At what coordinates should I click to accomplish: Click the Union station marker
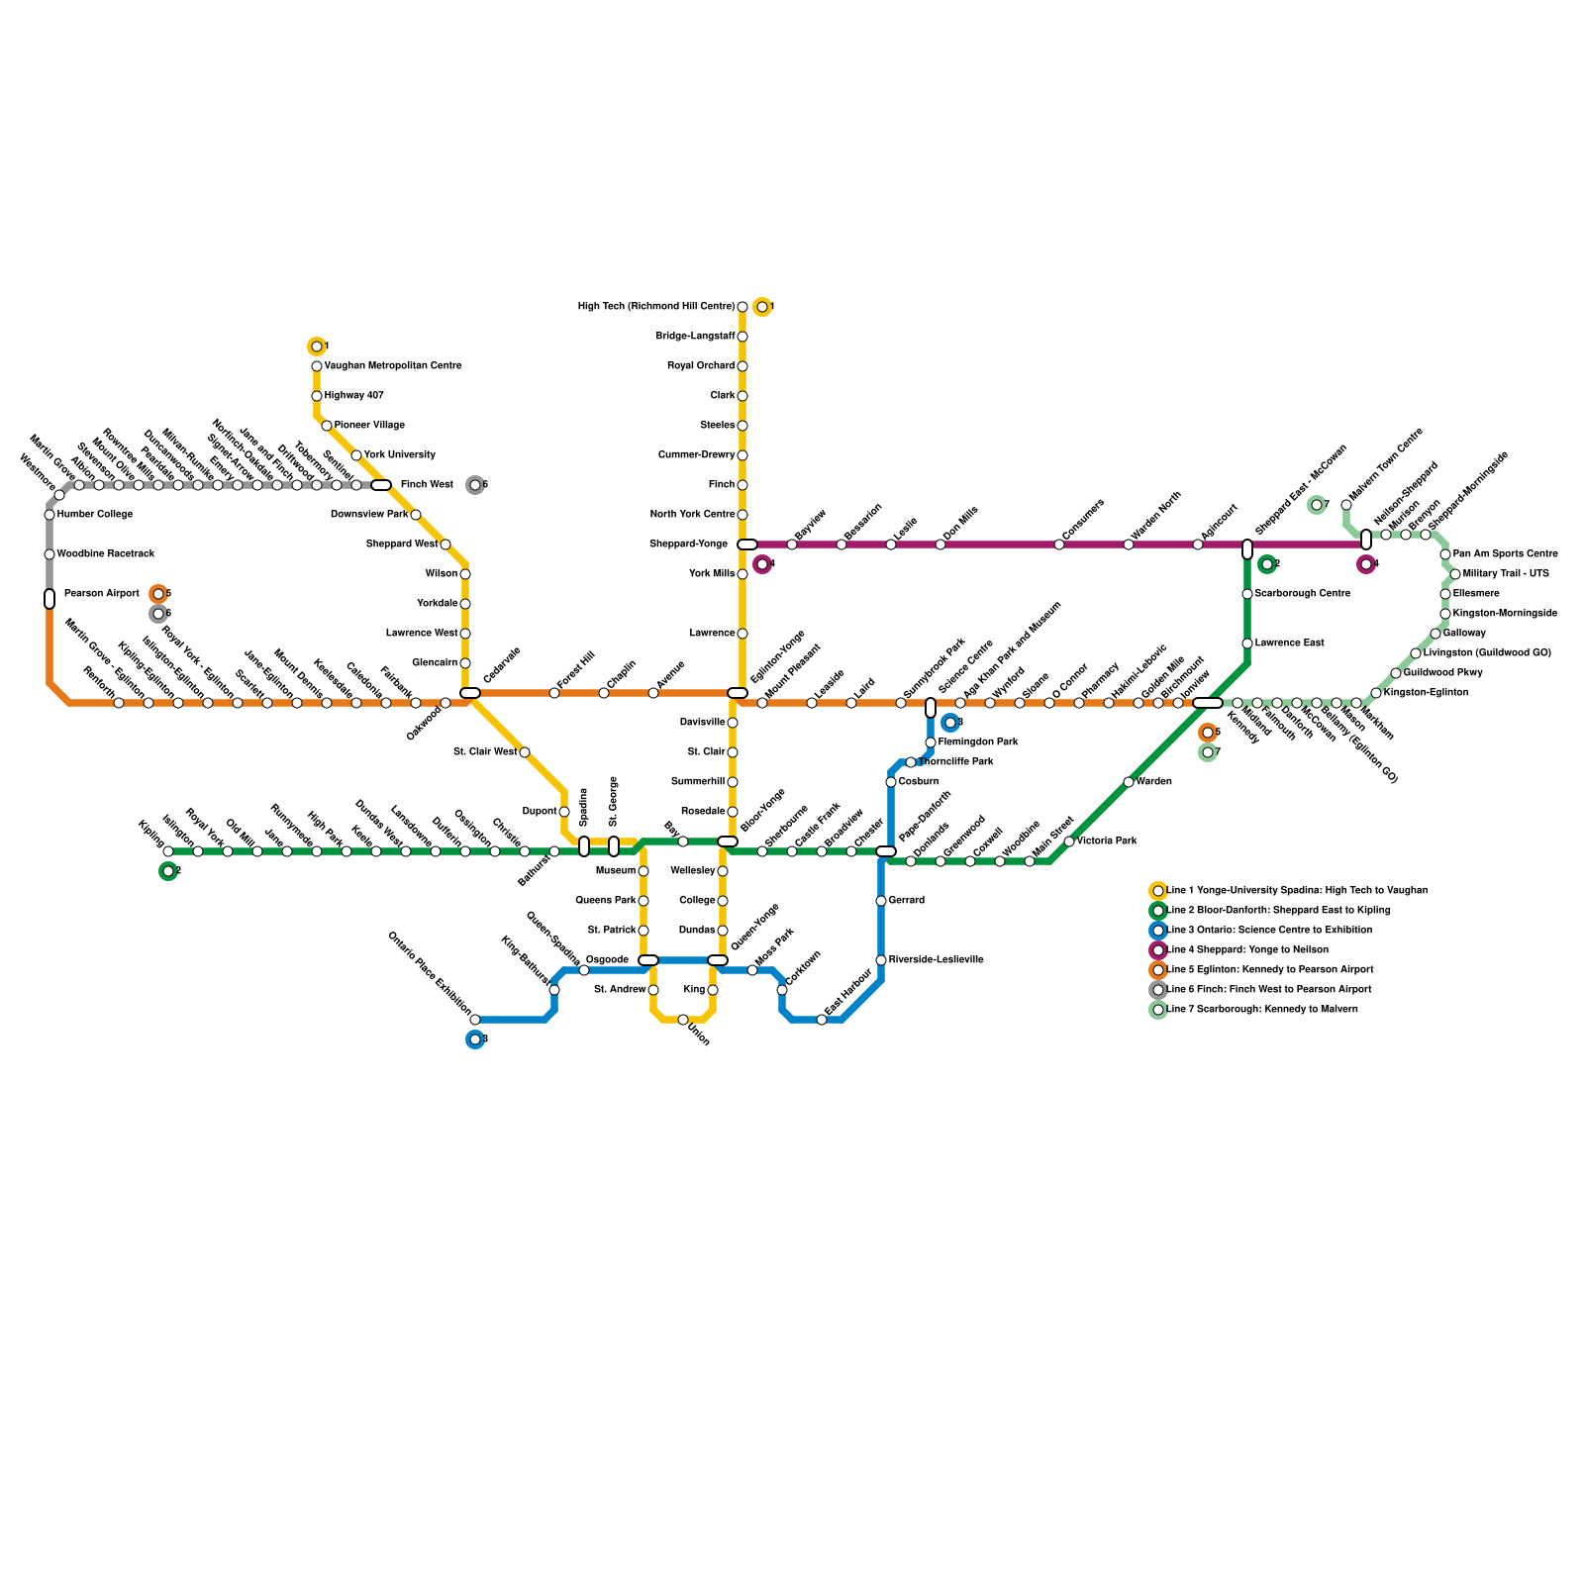(x=683, y=1020)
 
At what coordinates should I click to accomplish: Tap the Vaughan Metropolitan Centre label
(x=393, y=366)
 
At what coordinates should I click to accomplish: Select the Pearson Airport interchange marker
(x=49, y=599)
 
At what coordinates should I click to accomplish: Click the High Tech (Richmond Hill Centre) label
(x=656, y=307)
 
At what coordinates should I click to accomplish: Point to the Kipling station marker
(x=168, y=851)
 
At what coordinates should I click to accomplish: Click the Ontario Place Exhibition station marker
(x=475, y=1020)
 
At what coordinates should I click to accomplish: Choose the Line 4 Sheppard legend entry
(x=1247, y=950)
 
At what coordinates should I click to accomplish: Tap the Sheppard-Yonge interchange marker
(x=747, y=544)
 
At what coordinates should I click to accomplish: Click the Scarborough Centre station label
(x=1302, y=594)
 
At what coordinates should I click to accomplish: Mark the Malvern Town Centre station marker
(x=1346, y=505)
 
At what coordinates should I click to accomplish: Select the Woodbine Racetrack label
(x=106, y=554)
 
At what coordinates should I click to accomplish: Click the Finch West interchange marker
(x=381, y=485)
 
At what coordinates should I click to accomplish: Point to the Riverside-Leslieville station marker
(x=881, y=960)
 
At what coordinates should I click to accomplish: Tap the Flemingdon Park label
(x=978, y=742)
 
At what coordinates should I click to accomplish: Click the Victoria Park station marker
(x=1069, y=841)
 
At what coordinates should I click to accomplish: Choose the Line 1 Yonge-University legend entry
(x=1297, y=891)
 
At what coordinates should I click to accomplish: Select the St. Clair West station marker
(x=525, y=752)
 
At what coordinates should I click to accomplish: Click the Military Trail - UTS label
(x=1506, y=574)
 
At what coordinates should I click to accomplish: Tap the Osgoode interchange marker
(x=648, y=960)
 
